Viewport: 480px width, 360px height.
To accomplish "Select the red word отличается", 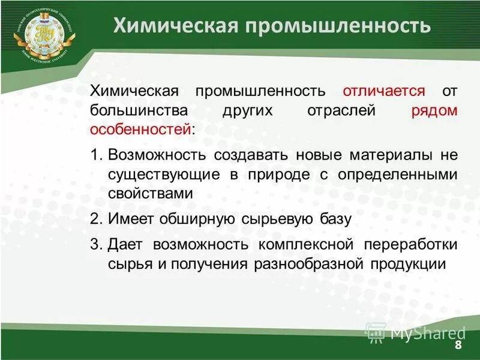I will pyautogui.click(x=384, y=91).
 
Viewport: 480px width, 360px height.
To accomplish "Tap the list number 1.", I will pyautogui.click(x=95, y=155).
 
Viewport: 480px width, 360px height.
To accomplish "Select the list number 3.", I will pyautogui.click(x=95, y=245).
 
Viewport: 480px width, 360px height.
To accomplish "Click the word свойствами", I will pyautogui.click(x=151, y=193).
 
